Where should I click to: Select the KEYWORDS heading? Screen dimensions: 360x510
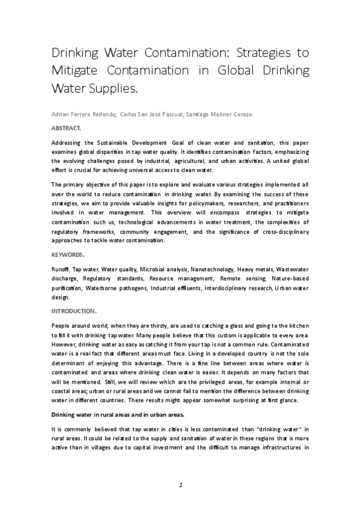(68, 254)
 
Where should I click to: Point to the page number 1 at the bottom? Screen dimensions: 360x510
(180, 484)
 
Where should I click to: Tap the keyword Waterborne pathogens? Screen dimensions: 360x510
(110, 287)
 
